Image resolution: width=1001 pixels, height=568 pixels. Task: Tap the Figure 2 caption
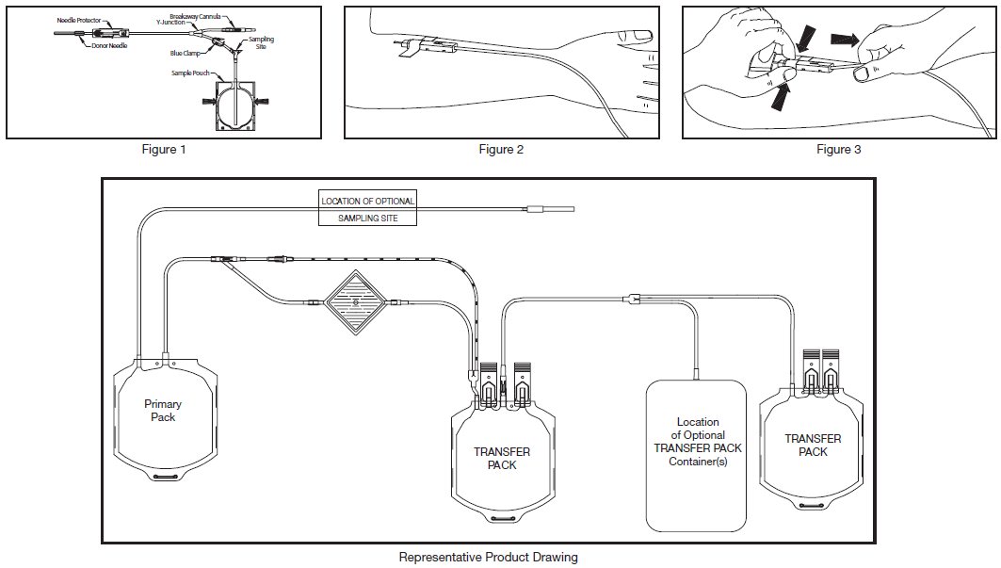pos(501,149)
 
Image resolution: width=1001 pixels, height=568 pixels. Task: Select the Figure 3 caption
pos(838,149)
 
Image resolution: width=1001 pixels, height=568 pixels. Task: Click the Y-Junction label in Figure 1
pos(185,23)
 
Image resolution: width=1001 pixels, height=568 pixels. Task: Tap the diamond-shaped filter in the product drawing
pos(356,303)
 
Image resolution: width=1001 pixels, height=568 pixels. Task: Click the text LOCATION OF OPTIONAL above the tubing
pos(367,201)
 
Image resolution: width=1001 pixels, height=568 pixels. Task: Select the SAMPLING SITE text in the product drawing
pos(367,219)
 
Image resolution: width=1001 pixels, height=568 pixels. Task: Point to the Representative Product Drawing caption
pos(488,557)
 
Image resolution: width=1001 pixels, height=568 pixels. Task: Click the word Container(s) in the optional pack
pos(697,462)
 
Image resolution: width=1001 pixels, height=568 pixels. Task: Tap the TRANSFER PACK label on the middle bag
pos(501,459)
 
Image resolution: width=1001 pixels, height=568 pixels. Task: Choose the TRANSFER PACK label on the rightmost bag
pos(813,446)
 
